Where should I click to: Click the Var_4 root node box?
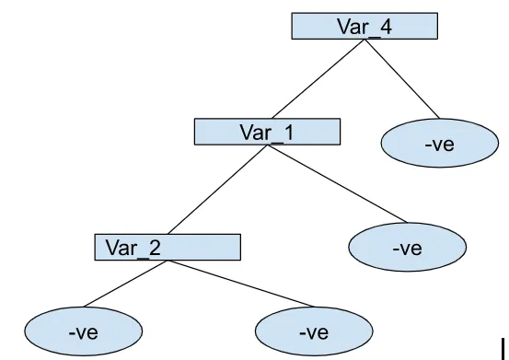[364, 27]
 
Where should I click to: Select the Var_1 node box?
[267, 132]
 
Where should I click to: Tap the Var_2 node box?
[167, 247]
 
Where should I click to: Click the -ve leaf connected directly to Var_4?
[439, 145]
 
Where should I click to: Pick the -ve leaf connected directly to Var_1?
[407, 248]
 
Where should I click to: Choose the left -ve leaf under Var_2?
[83, 331]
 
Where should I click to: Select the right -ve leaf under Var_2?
[314, 331]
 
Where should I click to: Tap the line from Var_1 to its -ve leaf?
[341, 183]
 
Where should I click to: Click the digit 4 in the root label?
[386, 27]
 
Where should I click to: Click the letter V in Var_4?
[343, 27]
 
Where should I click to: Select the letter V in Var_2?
[110, 247]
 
